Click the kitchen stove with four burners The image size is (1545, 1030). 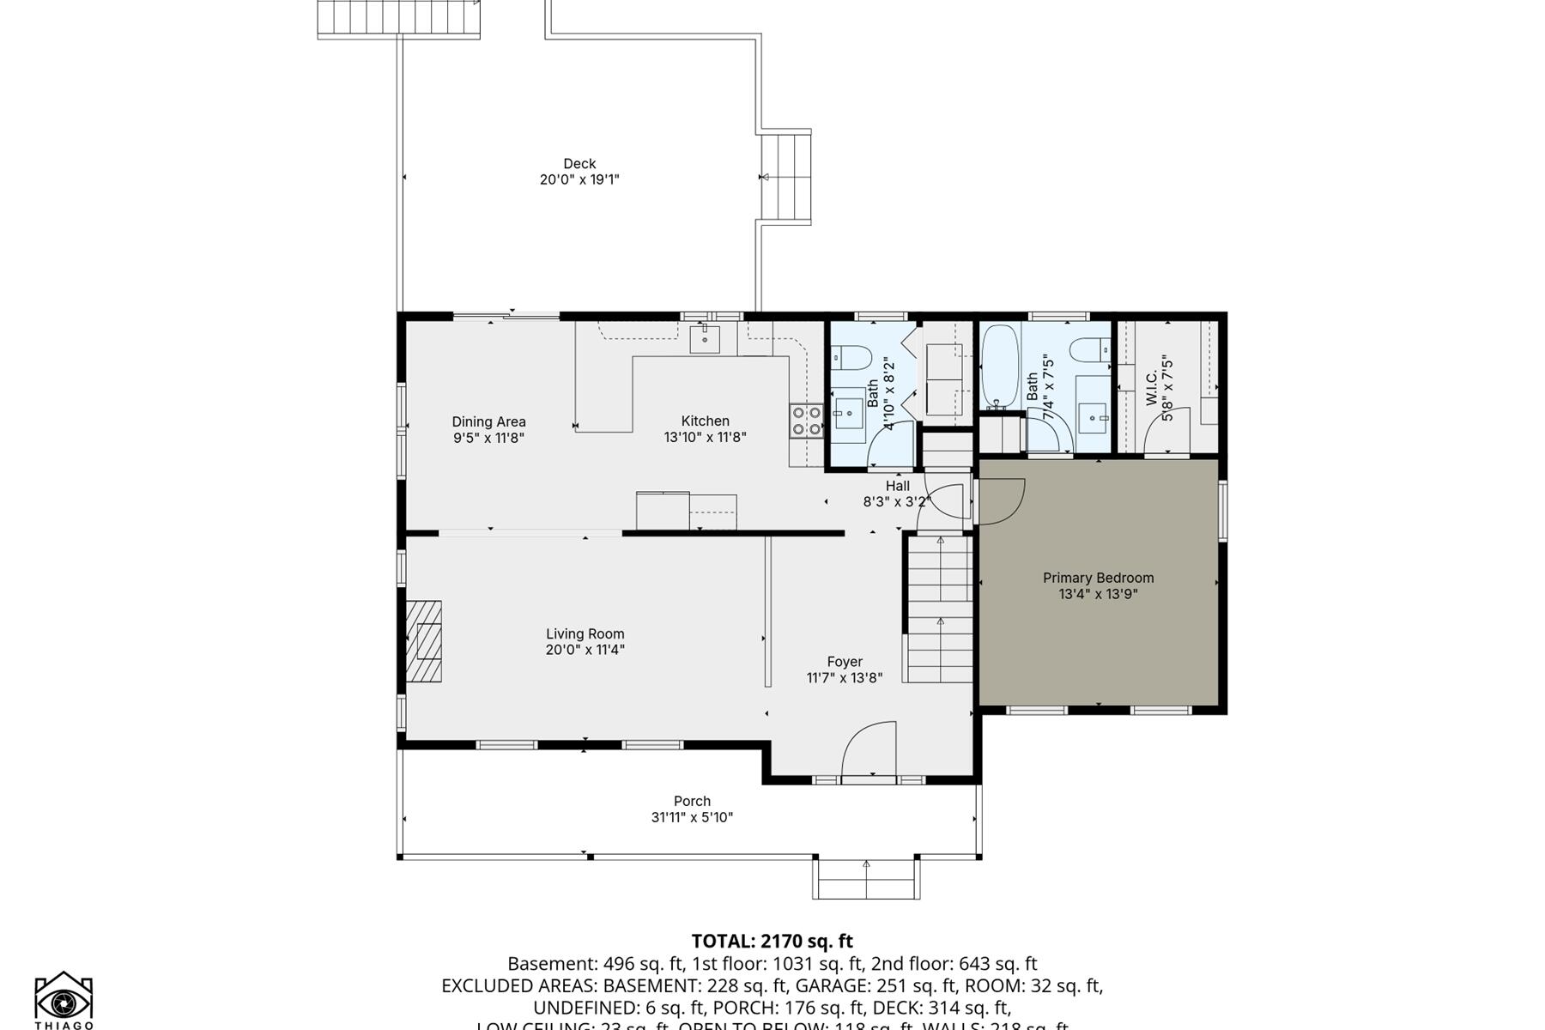[806, 421]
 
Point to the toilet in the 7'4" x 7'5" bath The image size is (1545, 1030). [1089, 351]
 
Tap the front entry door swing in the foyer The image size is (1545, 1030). [869, 750]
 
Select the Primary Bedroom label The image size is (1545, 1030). [1098, 578]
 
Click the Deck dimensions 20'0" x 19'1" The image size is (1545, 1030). [579, 179]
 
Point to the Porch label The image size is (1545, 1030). [692, 801]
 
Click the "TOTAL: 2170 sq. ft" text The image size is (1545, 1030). [772, 941]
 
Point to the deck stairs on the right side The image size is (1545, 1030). [787, 177]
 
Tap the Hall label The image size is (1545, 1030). [898, 486]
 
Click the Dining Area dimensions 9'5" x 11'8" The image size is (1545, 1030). [488, 438]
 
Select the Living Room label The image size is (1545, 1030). [585, 633]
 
